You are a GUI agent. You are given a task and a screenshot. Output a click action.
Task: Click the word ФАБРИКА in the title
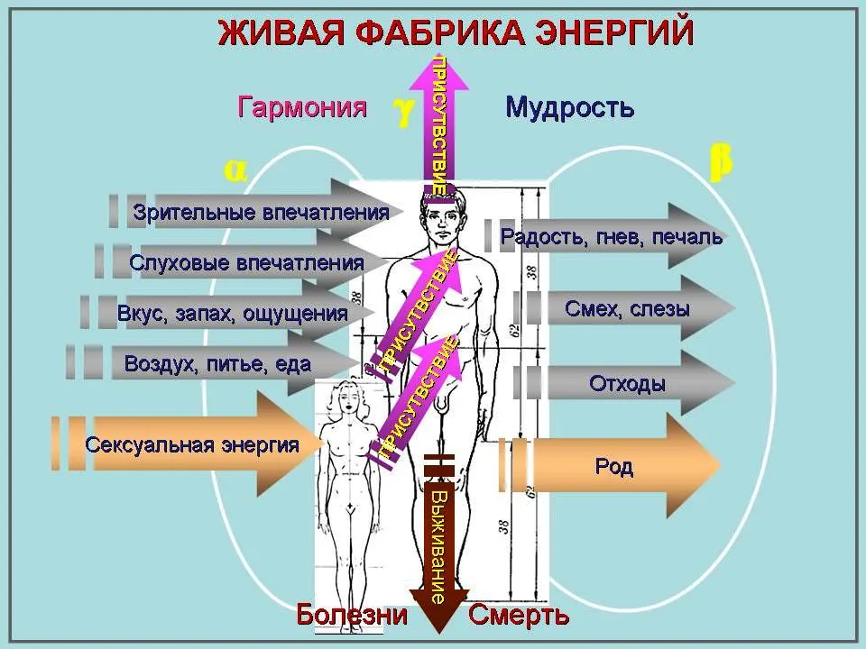coord(439,32)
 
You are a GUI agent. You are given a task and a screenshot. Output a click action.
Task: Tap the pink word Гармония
coord(302,106)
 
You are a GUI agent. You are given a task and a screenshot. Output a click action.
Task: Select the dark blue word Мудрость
coord(569,107)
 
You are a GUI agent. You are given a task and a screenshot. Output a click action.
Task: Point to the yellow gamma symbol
coord(404,112)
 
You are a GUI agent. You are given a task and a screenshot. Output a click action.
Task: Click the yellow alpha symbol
coord(235,171)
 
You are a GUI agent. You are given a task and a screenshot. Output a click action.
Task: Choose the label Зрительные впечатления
coord(261,213)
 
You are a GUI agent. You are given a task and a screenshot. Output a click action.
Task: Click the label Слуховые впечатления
coord(246,262)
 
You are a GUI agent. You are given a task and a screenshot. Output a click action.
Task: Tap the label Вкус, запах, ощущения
coord(233,314)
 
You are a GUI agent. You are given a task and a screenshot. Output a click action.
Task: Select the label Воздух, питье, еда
coord(217,364)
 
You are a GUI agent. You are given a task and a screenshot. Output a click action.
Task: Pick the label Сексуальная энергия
coord(192,444)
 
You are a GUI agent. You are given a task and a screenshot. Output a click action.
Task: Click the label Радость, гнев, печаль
coord(612,237)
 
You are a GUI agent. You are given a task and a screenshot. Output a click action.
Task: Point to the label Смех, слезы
coord(628,308)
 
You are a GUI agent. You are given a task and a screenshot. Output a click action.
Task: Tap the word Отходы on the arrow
coord(627,384)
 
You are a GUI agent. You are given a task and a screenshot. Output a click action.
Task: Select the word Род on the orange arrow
coord(614,467)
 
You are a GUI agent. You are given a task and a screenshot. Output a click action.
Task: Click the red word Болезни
coord(352,614)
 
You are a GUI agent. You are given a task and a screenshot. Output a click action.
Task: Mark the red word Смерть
coord(519,614)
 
